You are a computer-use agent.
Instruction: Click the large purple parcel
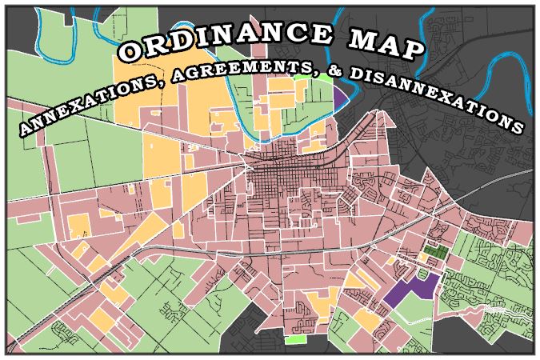pyautogui.click(x=412, y=288)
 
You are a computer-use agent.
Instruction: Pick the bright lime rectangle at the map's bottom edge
pyautogui.click(x=295, y=341)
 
